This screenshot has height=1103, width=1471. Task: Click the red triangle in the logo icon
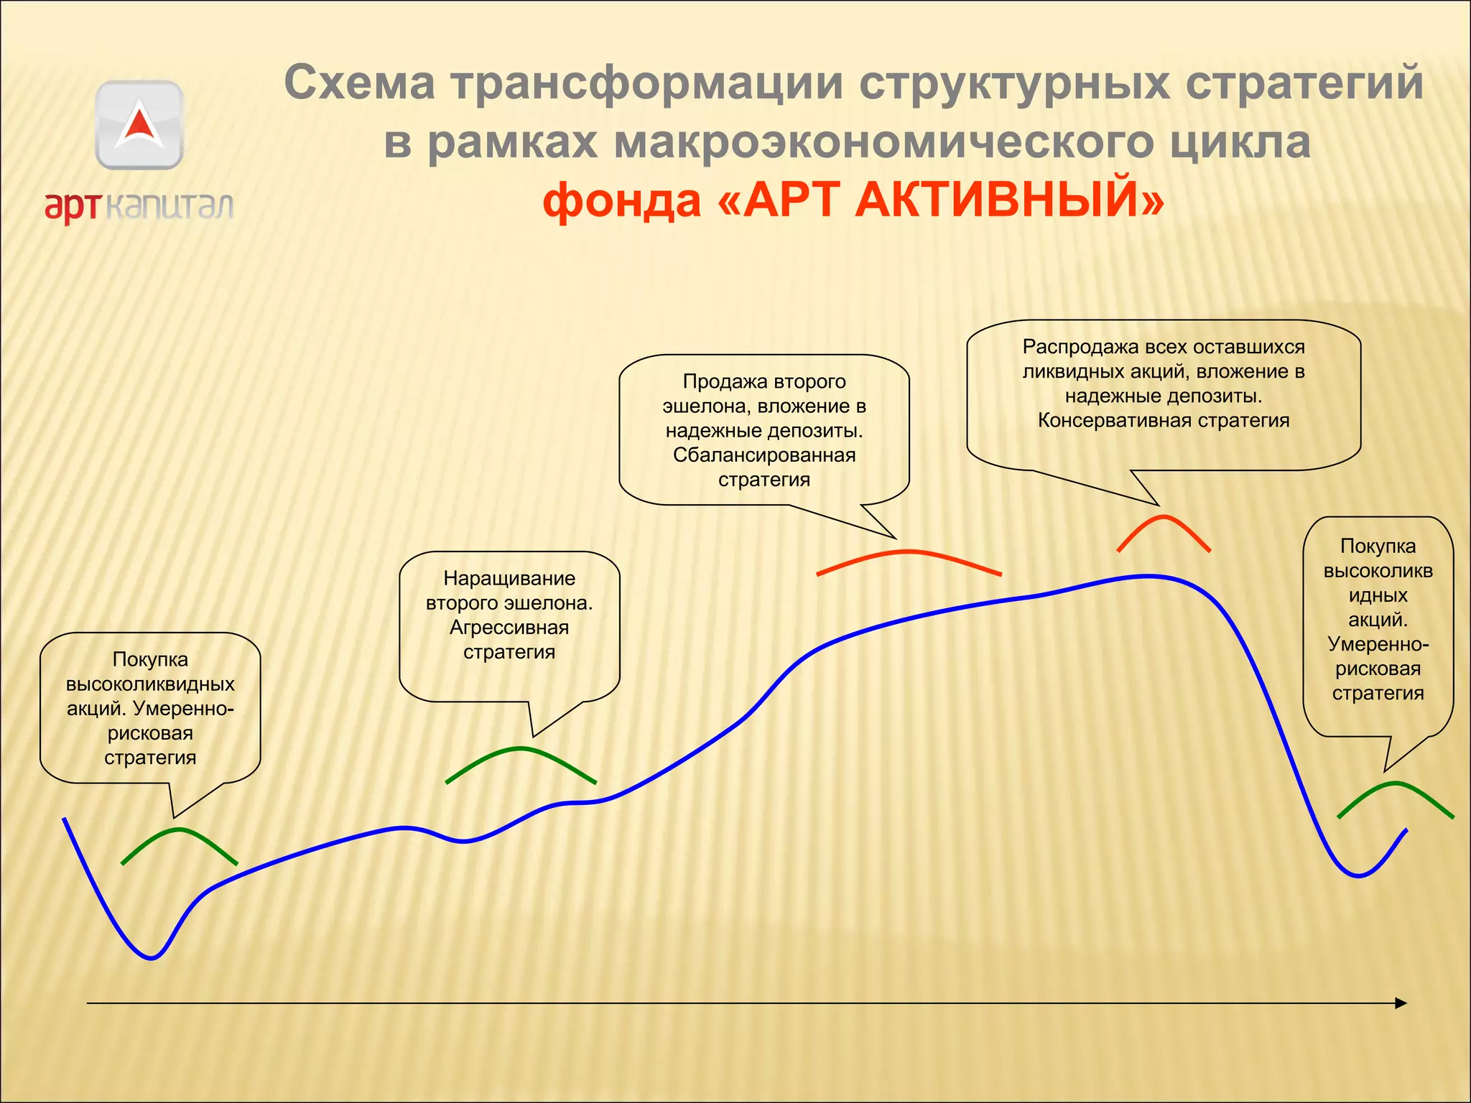click(x=139, y=124)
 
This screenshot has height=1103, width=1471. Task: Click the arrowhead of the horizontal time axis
click(x=1400, y=1003)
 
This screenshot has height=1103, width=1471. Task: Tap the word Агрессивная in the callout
click(x=509, y=628)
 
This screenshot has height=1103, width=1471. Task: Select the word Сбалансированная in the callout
click(x=764, y=455)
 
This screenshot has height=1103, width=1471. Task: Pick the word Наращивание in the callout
click(x=509, y=578)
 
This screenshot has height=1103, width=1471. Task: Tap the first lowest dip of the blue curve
click(x=152, y=957)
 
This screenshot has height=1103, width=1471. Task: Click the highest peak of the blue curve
click(x=1148, y=576)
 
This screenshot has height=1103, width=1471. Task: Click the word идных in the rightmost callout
click(x=1377, y=595)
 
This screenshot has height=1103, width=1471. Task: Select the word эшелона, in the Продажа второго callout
click(x=706, y=406)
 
